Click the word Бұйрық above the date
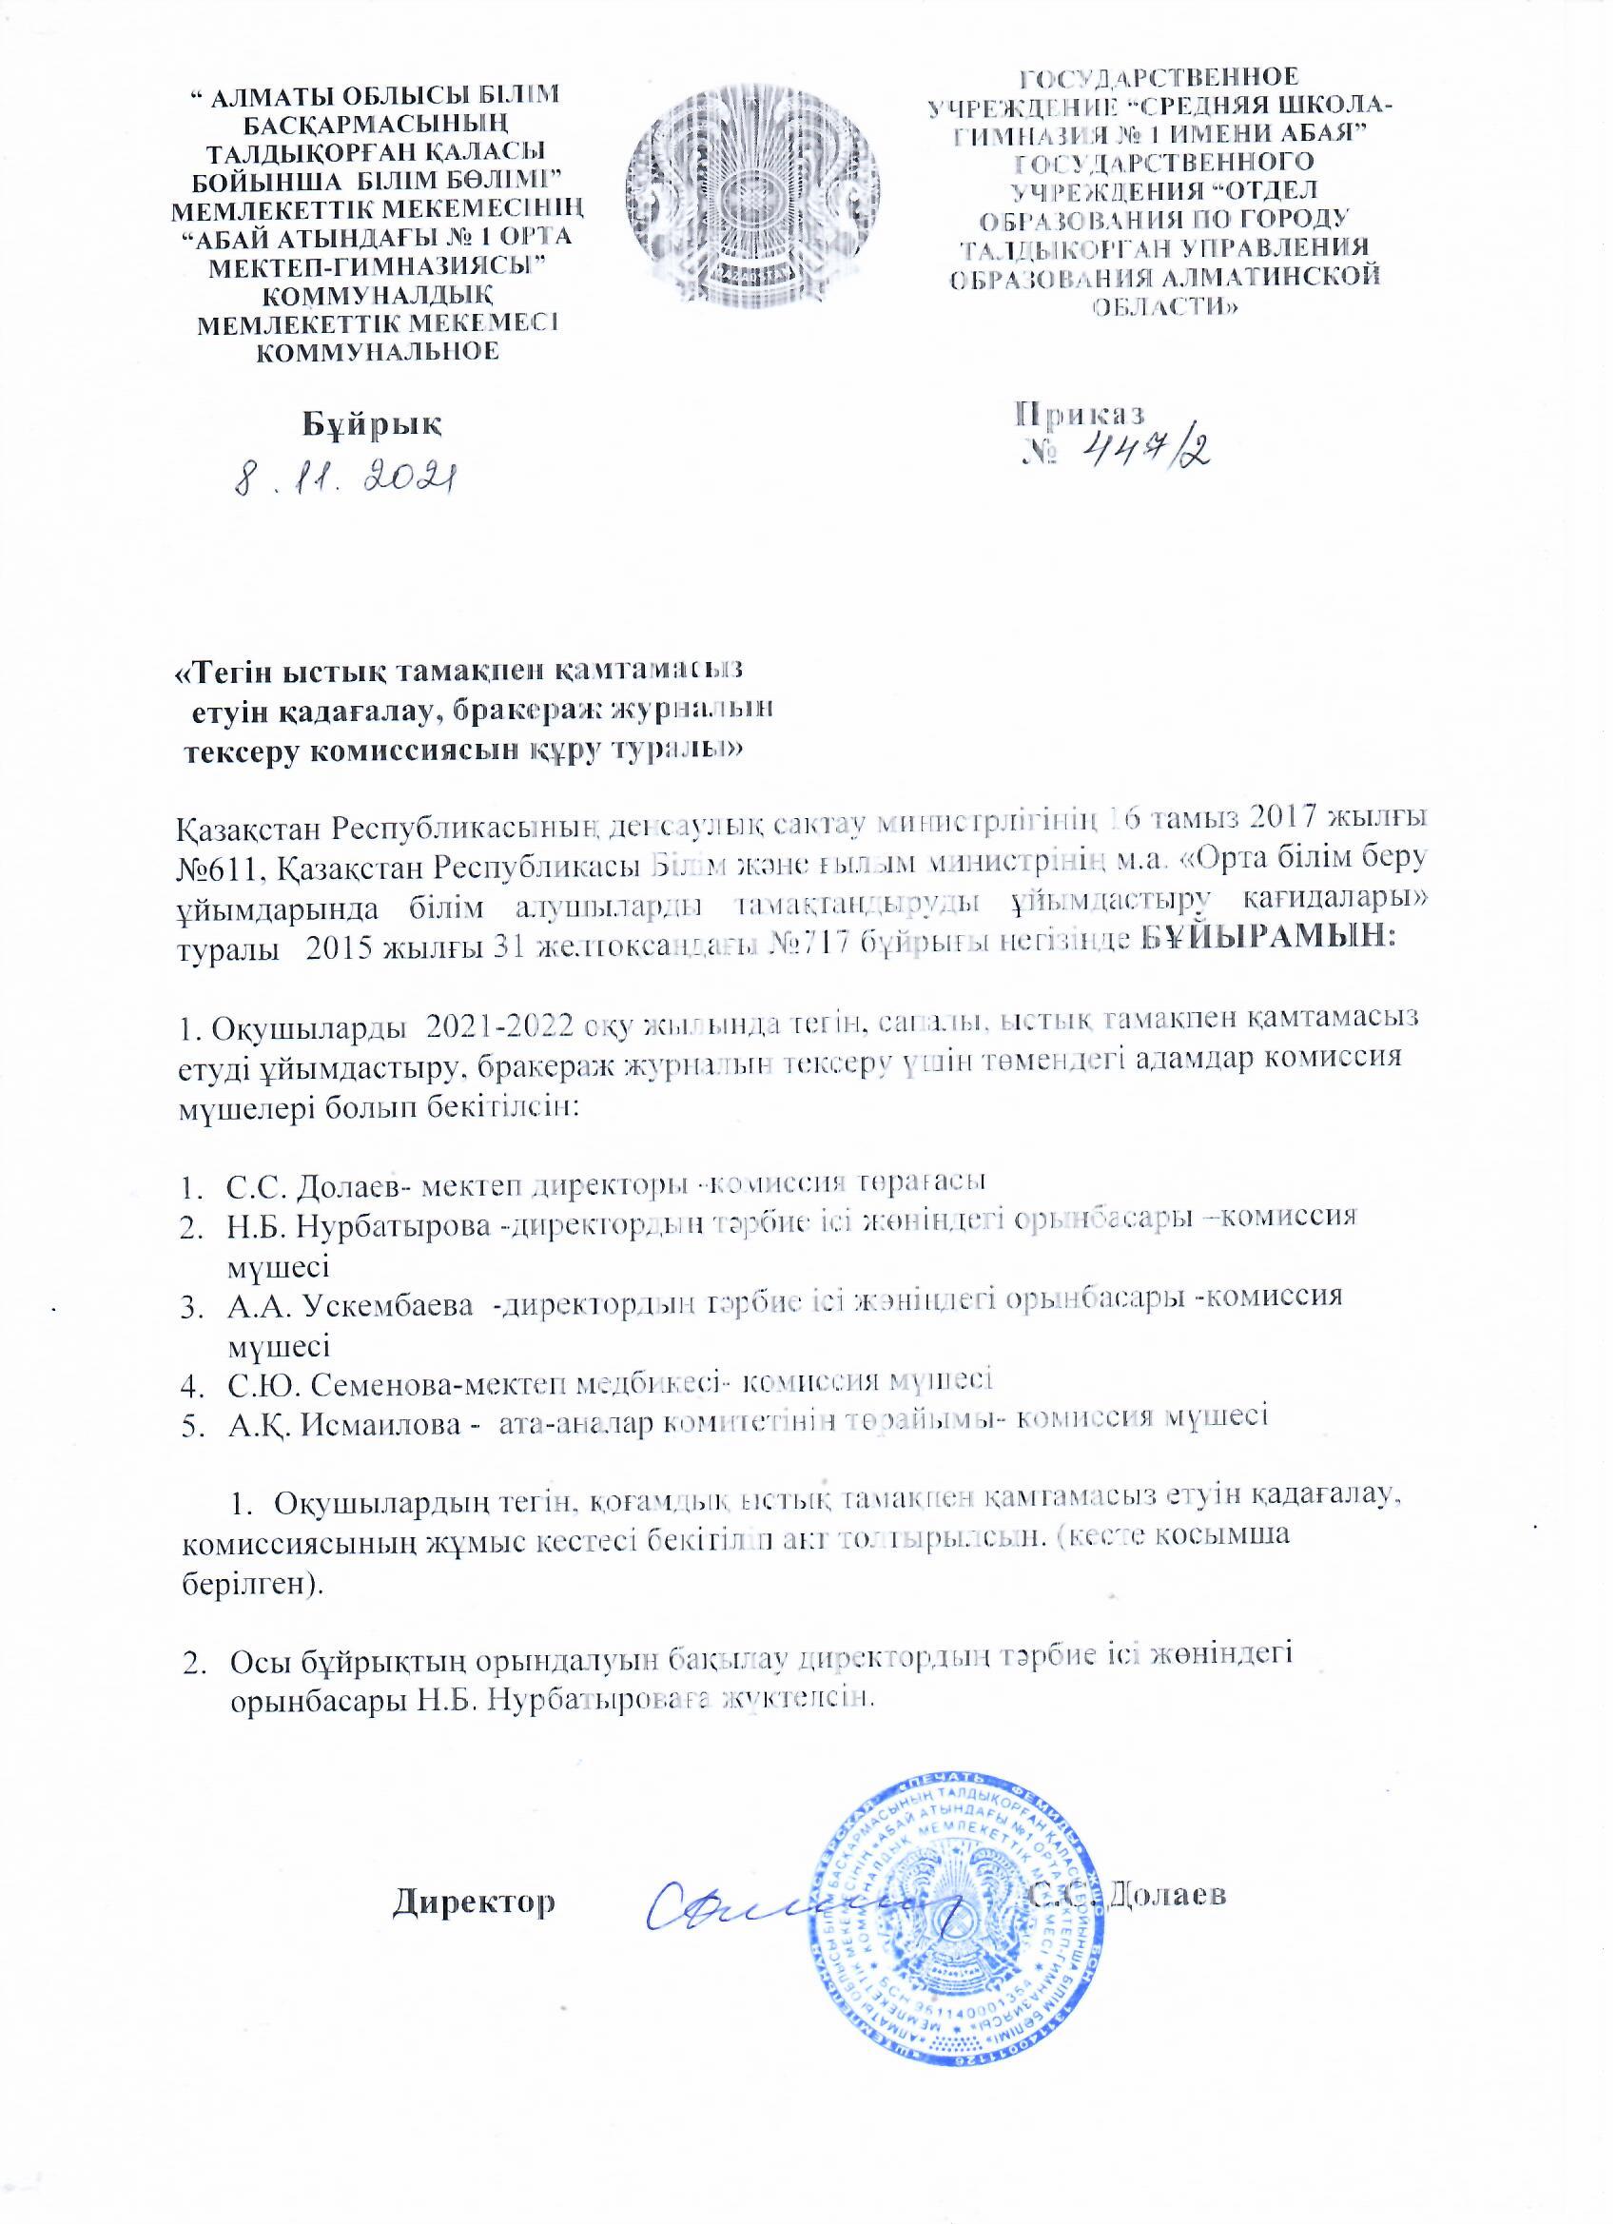point(371,422)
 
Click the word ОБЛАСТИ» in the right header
point(1166,305)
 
